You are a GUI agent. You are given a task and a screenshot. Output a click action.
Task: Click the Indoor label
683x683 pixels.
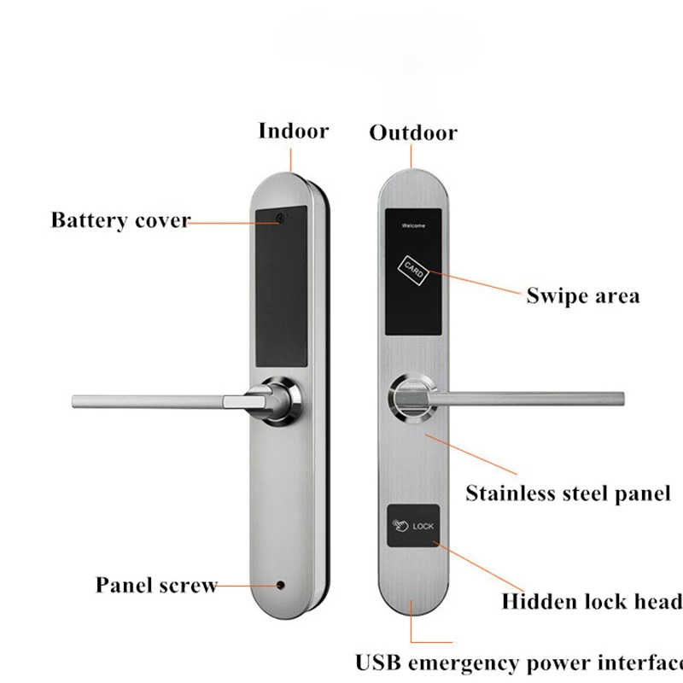(x=294, y=131)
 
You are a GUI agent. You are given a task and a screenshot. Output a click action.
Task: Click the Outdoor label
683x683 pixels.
(x=413, y=132)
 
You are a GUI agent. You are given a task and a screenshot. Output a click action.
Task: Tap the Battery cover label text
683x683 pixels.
(x=121, y=220)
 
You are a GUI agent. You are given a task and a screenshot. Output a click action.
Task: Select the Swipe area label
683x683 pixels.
(x=583, y=295)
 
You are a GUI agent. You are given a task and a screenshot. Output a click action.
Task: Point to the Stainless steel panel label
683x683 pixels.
(x=568, y=493)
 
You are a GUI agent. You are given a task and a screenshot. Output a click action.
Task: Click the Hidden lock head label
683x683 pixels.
(x=592, y=602)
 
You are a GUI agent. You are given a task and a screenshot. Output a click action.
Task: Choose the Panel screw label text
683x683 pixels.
(x=156, y=585)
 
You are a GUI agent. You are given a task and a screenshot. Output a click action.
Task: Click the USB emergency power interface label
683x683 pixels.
(x=519, y=663)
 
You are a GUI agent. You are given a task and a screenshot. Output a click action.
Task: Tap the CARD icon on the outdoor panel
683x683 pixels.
(x=413, y=270)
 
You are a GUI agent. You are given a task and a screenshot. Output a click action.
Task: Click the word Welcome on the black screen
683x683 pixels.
(x=413, y=225)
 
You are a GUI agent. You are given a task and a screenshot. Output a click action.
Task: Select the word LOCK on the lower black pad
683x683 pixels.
(x=423, y=527)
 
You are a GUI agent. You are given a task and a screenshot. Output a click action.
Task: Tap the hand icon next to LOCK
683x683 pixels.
(x=400, y=526)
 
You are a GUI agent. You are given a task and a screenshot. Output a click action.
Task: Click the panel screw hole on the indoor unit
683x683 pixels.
(x=281, y=586)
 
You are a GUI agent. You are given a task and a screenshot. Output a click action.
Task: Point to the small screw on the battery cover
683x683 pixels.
(x=281, y=217)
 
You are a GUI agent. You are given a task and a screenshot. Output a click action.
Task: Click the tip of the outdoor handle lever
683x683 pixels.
(x=622, y=399)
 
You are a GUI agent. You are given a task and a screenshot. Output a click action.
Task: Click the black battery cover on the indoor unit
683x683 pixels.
(x=282, y=286)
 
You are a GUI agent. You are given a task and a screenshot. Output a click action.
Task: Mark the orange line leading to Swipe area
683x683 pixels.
(x=475, y=282)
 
